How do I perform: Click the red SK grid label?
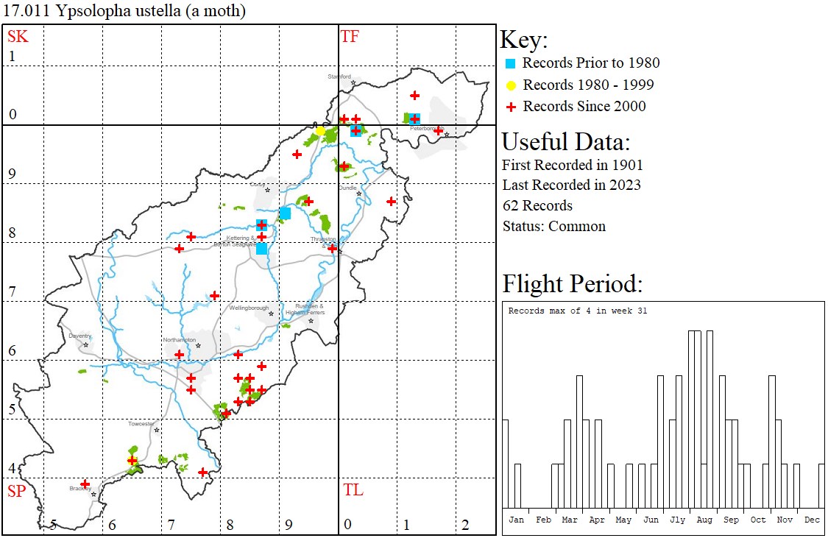click(x=17, y=36)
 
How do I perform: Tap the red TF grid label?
click(x=350, y=36)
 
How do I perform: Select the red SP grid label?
click(x=17, y=491)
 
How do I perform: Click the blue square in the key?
click(x=511, y=63)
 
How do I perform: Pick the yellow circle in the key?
click(x=511, y=85)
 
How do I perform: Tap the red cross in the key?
click(x=511, y=107)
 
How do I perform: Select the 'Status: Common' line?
click(x=553, y=226)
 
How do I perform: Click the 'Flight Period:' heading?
click(x=572, y=283)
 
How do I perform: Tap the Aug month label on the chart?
click(x=704, y=520)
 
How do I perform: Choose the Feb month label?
click(x=543, y=520)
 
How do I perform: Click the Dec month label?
click(x=812, y=520)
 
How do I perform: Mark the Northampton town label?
click(x=180, y=340)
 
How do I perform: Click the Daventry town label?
click(x=79, y=336)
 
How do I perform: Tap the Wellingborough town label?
click(x=249, y=308)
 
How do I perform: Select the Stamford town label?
click(x=341, y=76)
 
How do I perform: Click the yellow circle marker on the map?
click(x=321, y=131)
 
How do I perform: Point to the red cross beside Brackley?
click(x=85, y=484)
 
